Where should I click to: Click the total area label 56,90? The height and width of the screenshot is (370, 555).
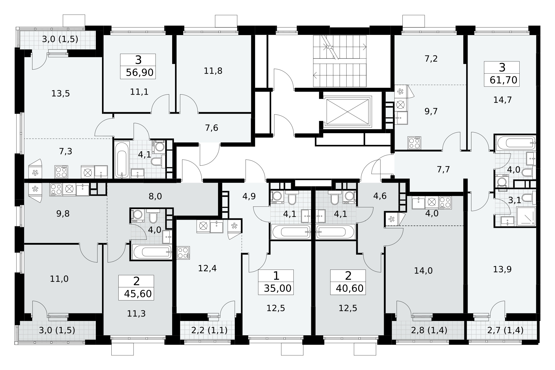pyautogui.click(x=139, y=72)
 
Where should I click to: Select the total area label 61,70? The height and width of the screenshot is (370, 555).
pyautogui.click(x=504, y=80)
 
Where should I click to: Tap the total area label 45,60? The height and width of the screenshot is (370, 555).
pyautogui.click(x=138, y=294)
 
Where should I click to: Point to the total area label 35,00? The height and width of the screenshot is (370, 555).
pyautogui.click(x=278, y=289)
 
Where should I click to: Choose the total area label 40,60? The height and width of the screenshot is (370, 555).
pyautogui.click(x=350, y=289)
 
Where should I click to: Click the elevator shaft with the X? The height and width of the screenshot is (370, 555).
pyautogui.click(x=347, y=112)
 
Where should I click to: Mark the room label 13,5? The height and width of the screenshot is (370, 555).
pyautogui.click(x=60, y=94)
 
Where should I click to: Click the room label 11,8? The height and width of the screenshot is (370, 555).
pyautogui.click(x=213, y=71)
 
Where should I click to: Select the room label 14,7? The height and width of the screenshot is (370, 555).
pyautogui.click(x=502, y=100)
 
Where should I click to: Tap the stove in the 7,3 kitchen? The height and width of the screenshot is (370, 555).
pyautogui.click(x=61, y=172)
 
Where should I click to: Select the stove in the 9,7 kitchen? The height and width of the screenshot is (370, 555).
pyautogui.click(x=414, y=143)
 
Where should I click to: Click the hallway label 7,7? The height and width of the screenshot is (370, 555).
pyautogui.click(x=443, y=169)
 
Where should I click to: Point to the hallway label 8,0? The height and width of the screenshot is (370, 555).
pyautogui.click(x=155, y=196)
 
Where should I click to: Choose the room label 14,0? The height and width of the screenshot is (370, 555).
pyautogui.click(x=423, y=271)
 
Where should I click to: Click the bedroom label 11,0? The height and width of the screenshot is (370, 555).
pyautogui.click(x=59, y=279)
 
